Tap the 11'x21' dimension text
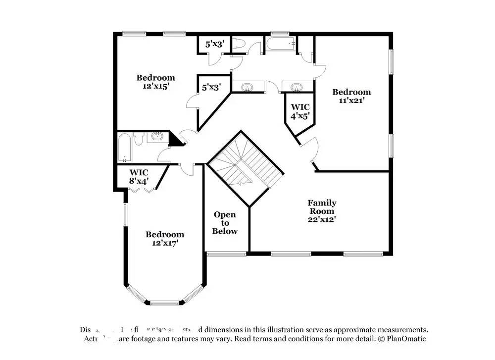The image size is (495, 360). click(351, 101)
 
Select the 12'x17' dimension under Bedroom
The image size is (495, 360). click(164, 243)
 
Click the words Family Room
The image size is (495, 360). click(322, 207)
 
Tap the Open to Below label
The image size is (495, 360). click(225, 223)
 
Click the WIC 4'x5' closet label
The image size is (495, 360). click(300, 111)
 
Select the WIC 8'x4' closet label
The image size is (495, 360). click(139, 177)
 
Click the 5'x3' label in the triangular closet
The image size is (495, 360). click(211, 87)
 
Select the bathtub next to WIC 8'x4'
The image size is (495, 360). click(125, 147)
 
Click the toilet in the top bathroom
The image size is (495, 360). click(239, 45)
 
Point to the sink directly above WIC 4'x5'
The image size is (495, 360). click(297, 88)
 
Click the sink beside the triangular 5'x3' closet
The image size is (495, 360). click(246, 88)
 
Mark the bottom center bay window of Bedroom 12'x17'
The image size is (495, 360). click(164, 303)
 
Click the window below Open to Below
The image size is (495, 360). click(226, 254)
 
